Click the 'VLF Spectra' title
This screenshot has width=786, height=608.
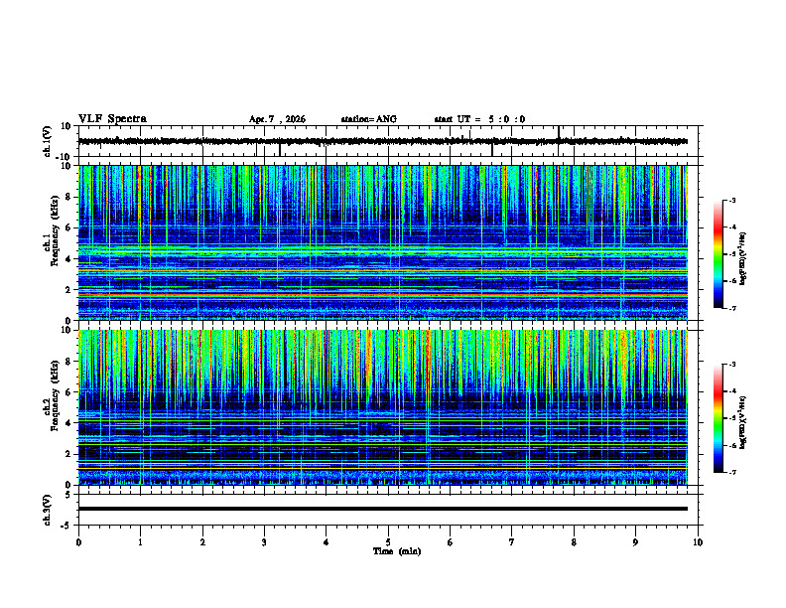tap(112, 119)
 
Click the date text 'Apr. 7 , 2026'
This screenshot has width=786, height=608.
tap(277, 119)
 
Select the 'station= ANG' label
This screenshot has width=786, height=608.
tap(368, 119)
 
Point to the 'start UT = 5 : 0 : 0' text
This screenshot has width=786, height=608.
tap(479, 119)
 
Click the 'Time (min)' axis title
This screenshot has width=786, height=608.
tap(396, 551)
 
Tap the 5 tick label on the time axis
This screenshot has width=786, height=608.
tap(388, 542)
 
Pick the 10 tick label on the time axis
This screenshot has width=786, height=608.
tap(698, 542)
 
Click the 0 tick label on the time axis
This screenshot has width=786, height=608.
tap(78, 542)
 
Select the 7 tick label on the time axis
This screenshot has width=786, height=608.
tap(512, 542)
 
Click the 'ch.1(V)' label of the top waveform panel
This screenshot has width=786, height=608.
tap(48, 141)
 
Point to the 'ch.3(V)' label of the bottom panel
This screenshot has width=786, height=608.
tap(48, 509)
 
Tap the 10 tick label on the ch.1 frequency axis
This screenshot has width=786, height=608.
tap(66, 166)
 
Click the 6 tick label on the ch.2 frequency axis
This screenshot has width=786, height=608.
tap(69, 392)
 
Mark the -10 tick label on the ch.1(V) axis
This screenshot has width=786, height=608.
tap(64, 157)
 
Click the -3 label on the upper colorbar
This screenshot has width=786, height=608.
tap(731, 201)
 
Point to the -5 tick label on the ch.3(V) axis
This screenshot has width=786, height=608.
tap(66, 524)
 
